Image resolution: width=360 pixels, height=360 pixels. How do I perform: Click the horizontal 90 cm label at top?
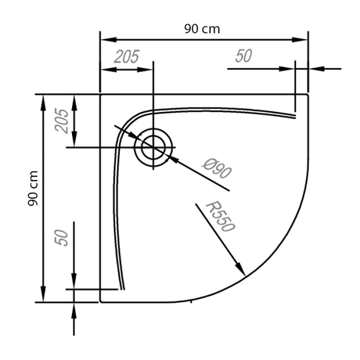tap(202, 29)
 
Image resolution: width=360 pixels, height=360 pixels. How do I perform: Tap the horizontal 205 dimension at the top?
tap(126, 57)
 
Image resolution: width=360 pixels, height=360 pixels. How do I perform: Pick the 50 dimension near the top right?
tap(244, 57)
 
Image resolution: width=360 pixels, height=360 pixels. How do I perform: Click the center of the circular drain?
tap(153, 147)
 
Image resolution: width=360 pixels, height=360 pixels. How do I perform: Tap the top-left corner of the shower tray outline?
tap(101, 95)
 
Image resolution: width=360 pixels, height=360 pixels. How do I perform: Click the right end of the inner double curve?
tap(295, 116)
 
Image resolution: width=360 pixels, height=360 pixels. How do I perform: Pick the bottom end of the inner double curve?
tap(122, 289)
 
